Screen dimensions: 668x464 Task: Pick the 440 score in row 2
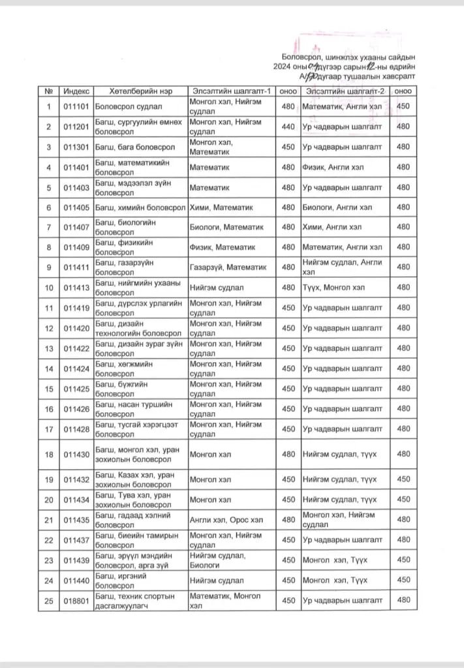(288, 127)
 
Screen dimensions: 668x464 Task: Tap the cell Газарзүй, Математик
(228, 267)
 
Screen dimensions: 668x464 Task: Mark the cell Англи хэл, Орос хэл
(221, 519)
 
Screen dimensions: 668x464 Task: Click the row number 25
(49, 600)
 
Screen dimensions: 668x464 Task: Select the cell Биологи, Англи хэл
(337, 207)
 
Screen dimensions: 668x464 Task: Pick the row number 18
(49, 454)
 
